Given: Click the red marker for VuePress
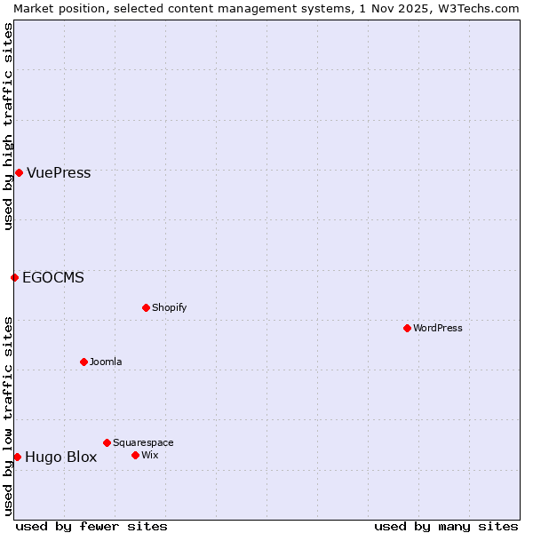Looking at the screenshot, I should tap(19, 172).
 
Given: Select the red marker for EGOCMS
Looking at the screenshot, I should tap(14, 277).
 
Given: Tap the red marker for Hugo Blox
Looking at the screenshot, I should tap(17, 457).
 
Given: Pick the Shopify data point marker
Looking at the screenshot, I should tap(146, 307).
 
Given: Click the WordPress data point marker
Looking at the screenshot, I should tap(407, 328).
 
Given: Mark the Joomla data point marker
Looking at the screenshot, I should tap(84, 362).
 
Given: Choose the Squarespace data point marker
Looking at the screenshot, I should tap(107, 442).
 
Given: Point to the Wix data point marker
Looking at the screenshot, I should tap(135, 455).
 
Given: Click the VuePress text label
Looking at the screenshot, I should tap(59, 173).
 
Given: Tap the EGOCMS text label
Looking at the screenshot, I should tap(53, 278).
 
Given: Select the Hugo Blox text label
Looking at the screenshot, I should tap(60, 457).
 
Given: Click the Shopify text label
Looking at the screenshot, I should tap(169, 308).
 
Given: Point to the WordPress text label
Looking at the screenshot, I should tap(438, 329).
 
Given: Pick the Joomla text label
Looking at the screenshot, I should tap(106, 362).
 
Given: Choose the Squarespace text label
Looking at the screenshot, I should tap(143, 443).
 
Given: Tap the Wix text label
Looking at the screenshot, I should tap(149, 456).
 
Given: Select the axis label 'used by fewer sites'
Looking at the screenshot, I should tap(91, 526).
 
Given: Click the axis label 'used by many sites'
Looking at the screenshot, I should tap(446, 526).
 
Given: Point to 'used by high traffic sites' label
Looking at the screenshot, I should tap(8, 126).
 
